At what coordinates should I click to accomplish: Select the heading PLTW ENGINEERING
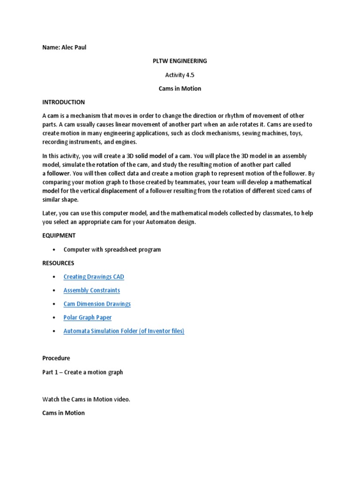point(180,61)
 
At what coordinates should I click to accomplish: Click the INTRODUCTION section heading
point(63,102)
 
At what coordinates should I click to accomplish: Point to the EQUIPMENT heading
point(59,235)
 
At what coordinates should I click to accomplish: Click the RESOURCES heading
point(58,263)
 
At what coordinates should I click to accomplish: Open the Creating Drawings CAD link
point(94,277)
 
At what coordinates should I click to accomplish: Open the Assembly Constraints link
point(91,290)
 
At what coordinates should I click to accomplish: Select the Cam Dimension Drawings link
point(97,304)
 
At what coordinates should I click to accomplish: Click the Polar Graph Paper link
point(87,317)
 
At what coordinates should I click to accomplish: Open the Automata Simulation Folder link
point(124,331)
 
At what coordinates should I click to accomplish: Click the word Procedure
point(56,358)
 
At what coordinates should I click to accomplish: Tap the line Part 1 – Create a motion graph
point(82,372)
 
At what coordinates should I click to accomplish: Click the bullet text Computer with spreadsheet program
point(112,249)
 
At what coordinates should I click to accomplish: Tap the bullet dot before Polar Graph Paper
point(55,317)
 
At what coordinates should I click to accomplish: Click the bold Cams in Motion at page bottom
point(63,413)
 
